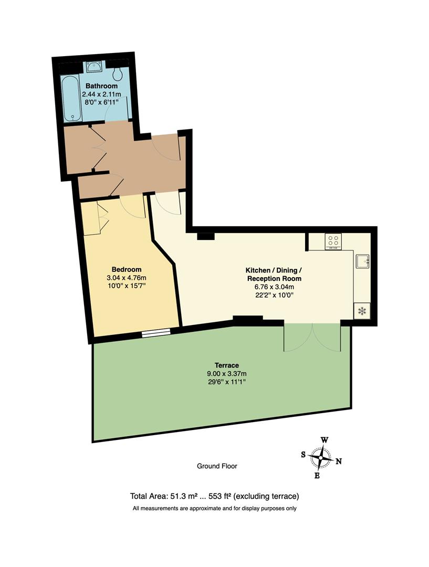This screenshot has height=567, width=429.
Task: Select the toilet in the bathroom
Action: click(118, 72)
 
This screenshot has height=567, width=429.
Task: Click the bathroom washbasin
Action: click(95, 67)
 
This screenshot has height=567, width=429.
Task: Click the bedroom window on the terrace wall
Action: click(156, 331)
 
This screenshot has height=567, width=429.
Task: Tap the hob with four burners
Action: click(333, 241)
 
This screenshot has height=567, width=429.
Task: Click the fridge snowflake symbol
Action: click(361, 311)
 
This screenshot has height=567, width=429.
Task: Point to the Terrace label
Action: click(227, 365)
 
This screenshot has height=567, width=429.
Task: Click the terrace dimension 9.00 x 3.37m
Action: click(227, 373)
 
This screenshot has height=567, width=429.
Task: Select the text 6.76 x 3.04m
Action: click(274, 287)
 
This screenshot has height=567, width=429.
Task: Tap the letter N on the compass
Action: click(339, 461)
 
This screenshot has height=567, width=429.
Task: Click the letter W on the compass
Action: click(325, 440)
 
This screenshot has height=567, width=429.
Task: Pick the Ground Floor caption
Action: click(213, 466)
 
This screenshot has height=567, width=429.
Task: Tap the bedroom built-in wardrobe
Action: click(92, 219)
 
